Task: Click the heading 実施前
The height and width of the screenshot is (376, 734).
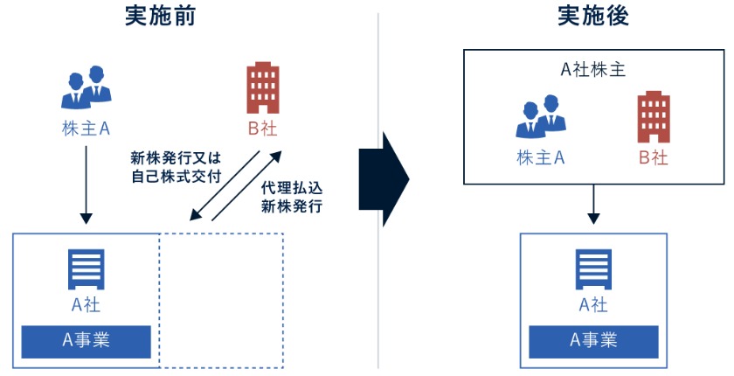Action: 160,17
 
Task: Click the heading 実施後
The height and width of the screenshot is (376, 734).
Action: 593,17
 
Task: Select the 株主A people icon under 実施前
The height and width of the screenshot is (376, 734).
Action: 87,87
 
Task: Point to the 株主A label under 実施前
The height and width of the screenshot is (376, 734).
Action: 86,128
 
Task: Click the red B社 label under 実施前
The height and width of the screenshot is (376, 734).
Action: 263,128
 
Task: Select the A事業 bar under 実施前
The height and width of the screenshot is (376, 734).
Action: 86,339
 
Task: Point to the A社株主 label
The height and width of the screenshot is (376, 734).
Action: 593,69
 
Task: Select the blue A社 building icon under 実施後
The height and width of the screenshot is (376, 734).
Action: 593,270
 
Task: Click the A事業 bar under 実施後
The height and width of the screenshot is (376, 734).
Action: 593,339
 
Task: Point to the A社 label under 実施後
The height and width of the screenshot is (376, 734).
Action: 593,305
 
